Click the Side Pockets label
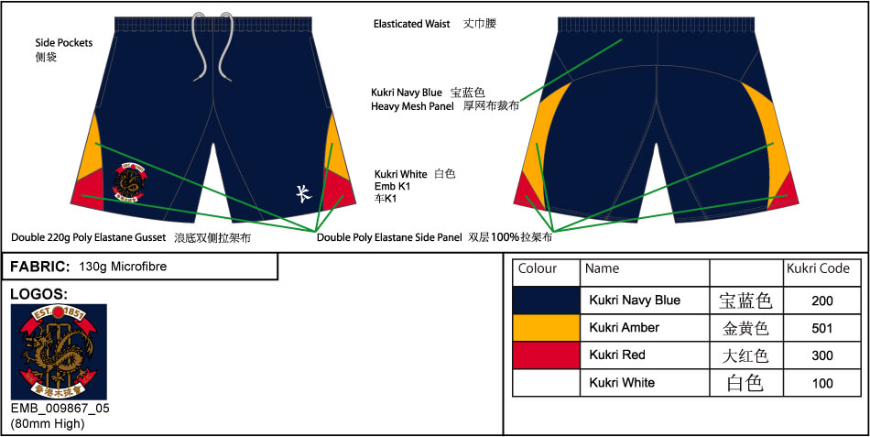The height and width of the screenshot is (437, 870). [x=63, y=43]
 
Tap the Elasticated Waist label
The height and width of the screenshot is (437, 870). [x=411, y=24]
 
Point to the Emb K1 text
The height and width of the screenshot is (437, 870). [x=393, y=186]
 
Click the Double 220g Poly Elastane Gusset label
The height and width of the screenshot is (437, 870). [x=89, y=237]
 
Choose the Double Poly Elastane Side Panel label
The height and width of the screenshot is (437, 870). [x=389, y=237]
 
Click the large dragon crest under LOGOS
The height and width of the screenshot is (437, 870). [x=59, y=352]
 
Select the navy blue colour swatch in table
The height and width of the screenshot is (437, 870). [x=546, y=300]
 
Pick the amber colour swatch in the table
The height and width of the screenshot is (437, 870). [x=546, y=327]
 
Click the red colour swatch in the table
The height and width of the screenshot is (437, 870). [x=546, y=355]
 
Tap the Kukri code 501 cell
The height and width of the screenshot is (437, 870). [x=821, y=327]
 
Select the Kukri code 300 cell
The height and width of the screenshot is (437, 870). [x=821, y=355]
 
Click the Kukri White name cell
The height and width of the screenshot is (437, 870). [x=622, y=382]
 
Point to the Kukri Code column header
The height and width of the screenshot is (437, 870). [x=818, y=269]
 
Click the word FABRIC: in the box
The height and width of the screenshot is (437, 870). [x=40, y=267]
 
